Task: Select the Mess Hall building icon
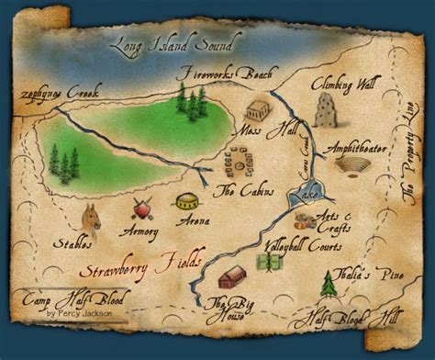258,111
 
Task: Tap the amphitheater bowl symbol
351,166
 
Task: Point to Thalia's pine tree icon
329,284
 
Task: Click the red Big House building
234,276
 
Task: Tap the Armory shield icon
141,208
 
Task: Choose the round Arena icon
186,201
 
